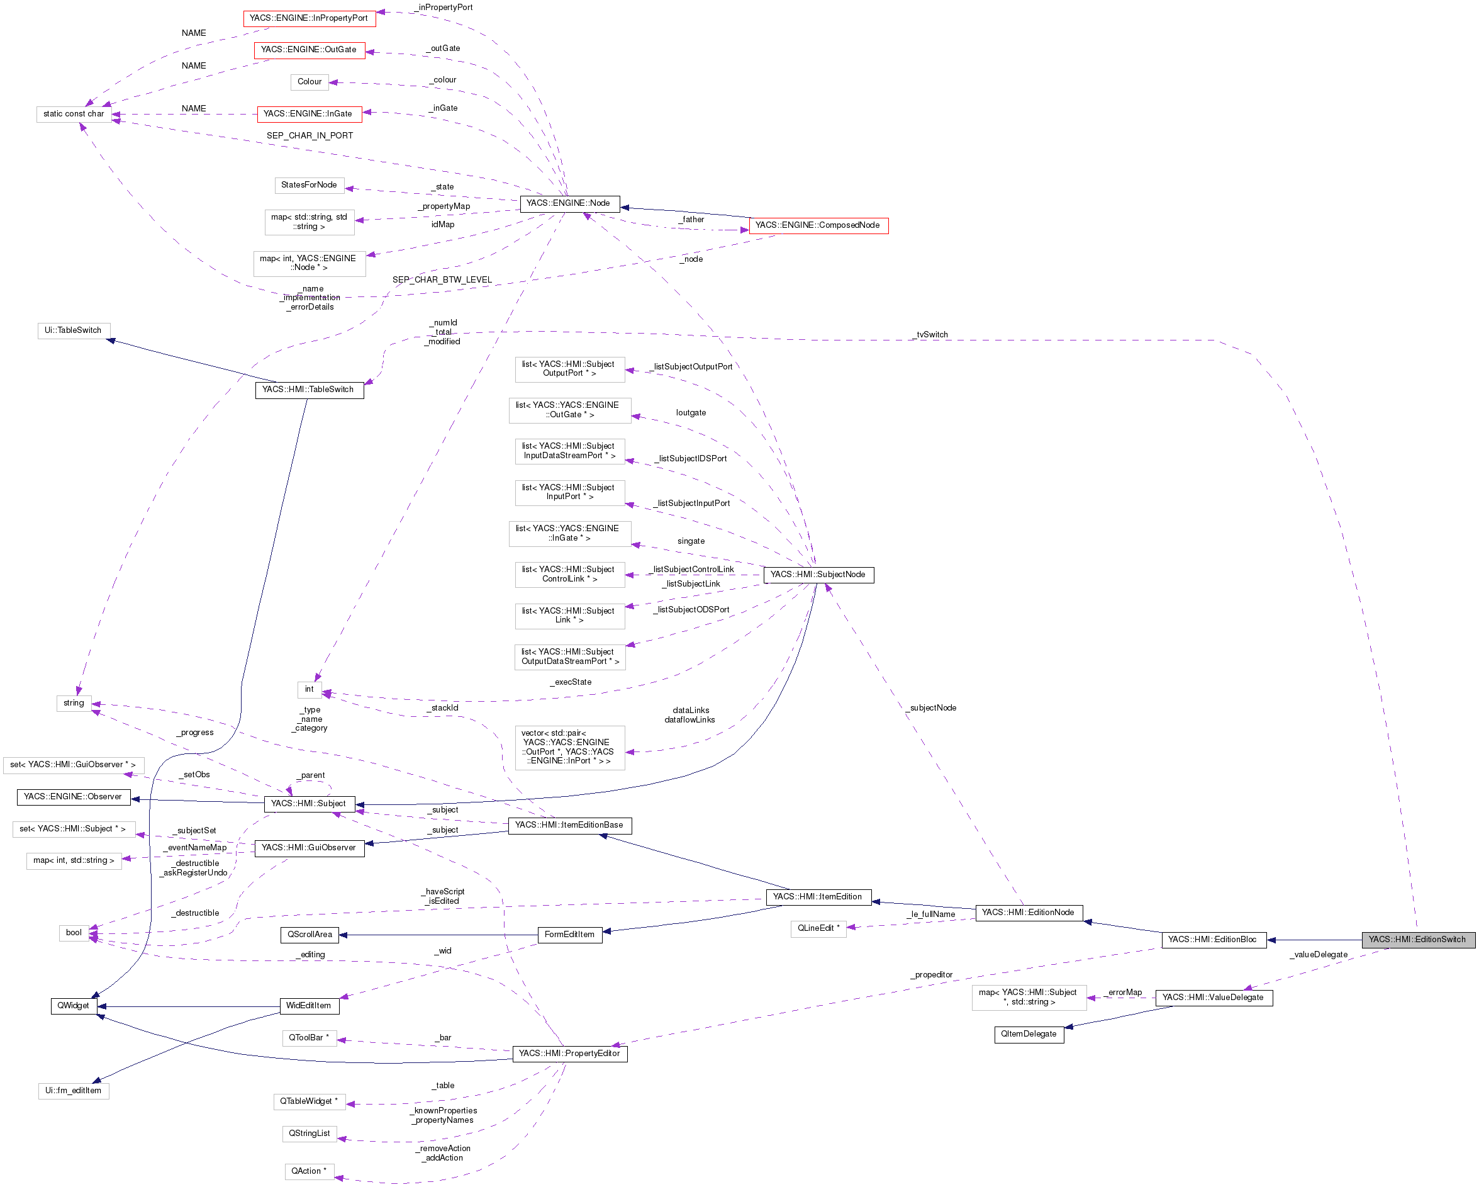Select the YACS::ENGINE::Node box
pos(569,204)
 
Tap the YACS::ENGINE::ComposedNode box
pos(818,226)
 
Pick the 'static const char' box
pos(74,114)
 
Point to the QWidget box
pos(73,1006)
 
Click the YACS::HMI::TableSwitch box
pos(309,390)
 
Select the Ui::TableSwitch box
pos(73,330)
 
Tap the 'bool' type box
pos(74,933)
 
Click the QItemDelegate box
pos(1029,1035)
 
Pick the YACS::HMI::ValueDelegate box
pos(1213,998)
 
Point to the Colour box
pos(310,82)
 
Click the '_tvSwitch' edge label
pos(932,335)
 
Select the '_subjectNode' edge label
pos(932,708)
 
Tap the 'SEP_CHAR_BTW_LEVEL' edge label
pos(442,280)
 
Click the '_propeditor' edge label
pos(933,975)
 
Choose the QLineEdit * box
pos(818,928)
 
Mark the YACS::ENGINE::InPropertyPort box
pos(309,18)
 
